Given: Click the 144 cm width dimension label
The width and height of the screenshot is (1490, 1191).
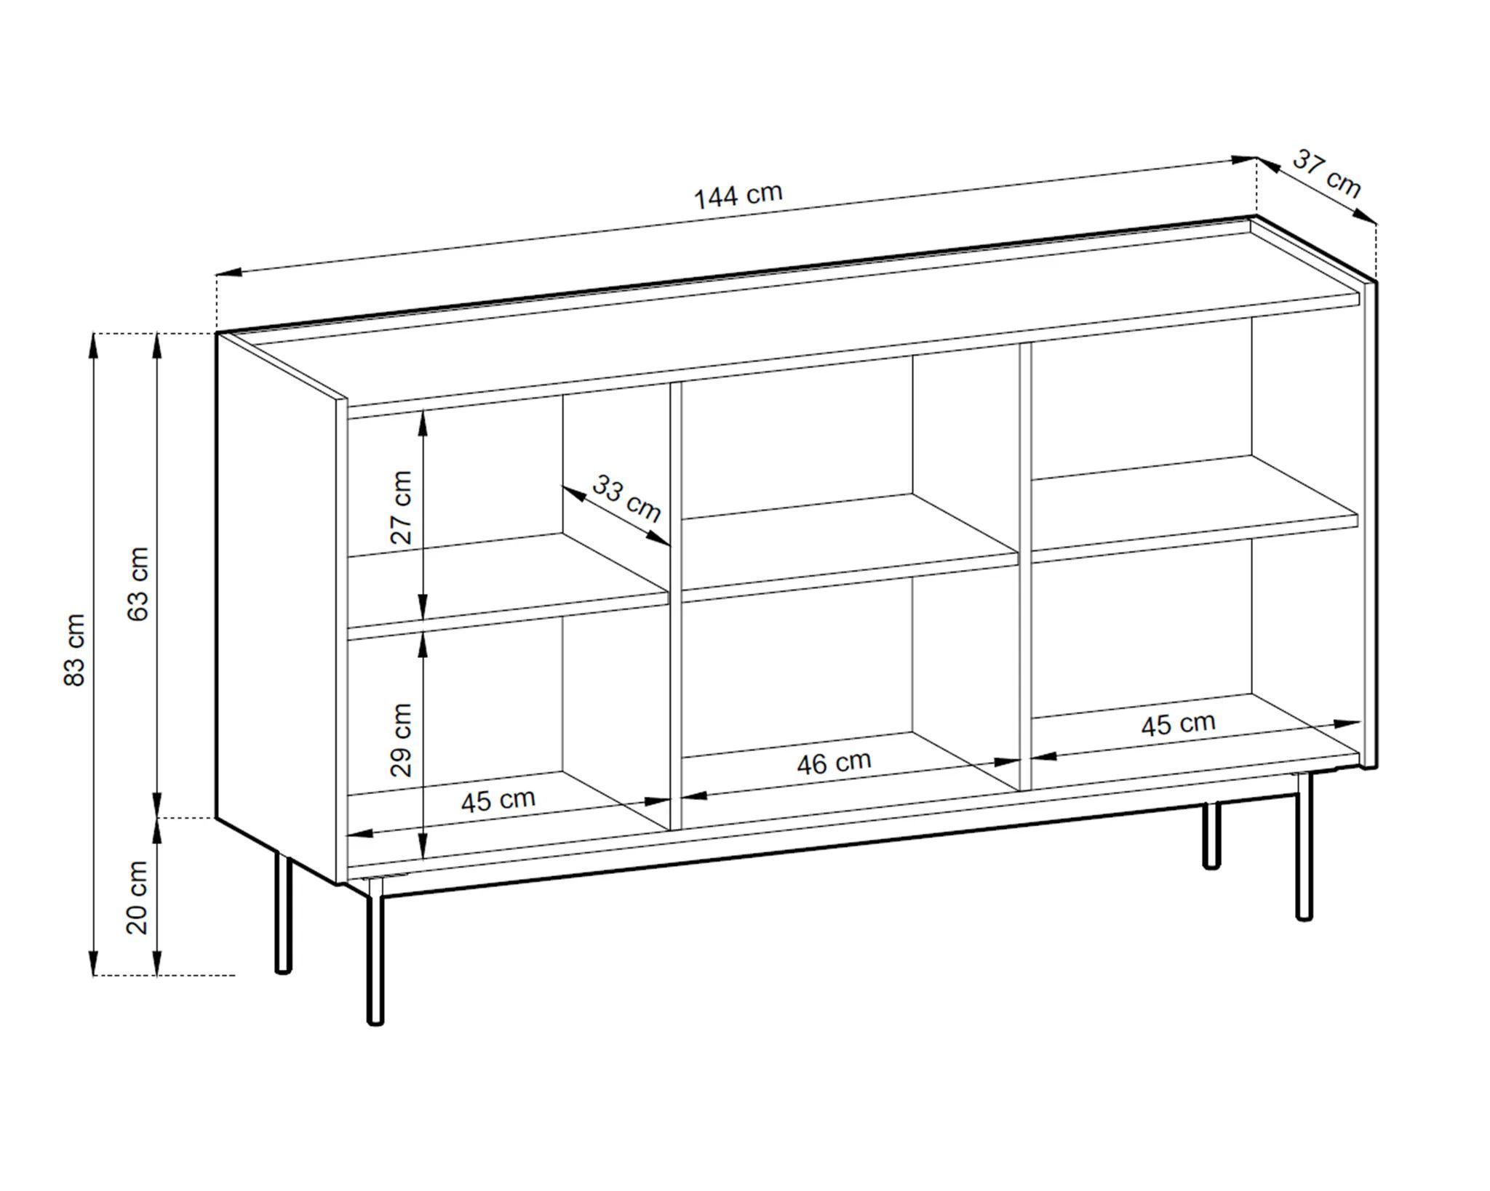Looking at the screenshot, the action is [738, 196].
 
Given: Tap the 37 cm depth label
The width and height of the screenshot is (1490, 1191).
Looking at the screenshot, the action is [1326, 174].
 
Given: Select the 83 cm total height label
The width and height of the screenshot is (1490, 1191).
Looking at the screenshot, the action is [75, 649].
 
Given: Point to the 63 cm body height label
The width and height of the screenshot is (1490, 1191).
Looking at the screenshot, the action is [138, 583].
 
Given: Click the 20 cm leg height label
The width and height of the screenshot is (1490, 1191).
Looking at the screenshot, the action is [138, 897].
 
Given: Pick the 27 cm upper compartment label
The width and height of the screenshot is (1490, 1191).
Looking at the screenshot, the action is [401, 507].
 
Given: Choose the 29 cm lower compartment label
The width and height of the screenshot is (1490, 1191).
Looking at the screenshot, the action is [401, 739].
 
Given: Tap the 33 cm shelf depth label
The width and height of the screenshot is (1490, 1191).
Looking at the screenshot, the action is [626, 498].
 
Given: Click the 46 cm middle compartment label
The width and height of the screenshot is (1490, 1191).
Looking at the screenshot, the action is [834, 762].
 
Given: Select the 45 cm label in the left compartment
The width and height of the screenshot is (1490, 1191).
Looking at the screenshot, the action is [498, 800].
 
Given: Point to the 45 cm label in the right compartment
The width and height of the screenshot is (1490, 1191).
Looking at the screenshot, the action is [1178, 723].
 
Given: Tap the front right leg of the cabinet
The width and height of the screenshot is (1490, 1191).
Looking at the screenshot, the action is [1304, 846].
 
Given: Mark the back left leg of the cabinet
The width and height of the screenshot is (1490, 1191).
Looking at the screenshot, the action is [283, 912].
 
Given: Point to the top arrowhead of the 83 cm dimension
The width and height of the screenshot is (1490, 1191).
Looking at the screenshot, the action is [93, 346].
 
